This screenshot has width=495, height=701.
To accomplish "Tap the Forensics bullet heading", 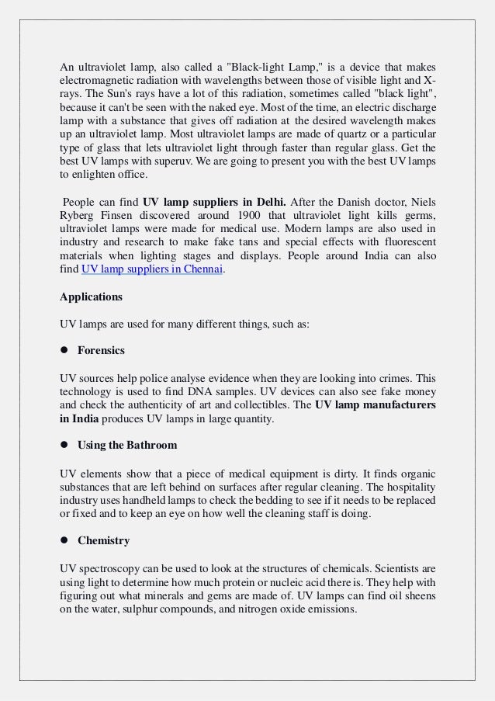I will tap(101, 350).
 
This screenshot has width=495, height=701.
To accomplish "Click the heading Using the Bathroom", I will tap(127, 445).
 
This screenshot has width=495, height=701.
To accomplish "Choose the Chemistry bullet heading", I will tap(103, 540).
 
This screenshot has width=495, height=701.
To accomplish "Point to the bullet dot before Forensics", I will tap(64, 350).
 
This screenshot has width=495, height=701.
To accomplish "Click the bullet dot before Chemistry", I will tap(64, 540).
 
